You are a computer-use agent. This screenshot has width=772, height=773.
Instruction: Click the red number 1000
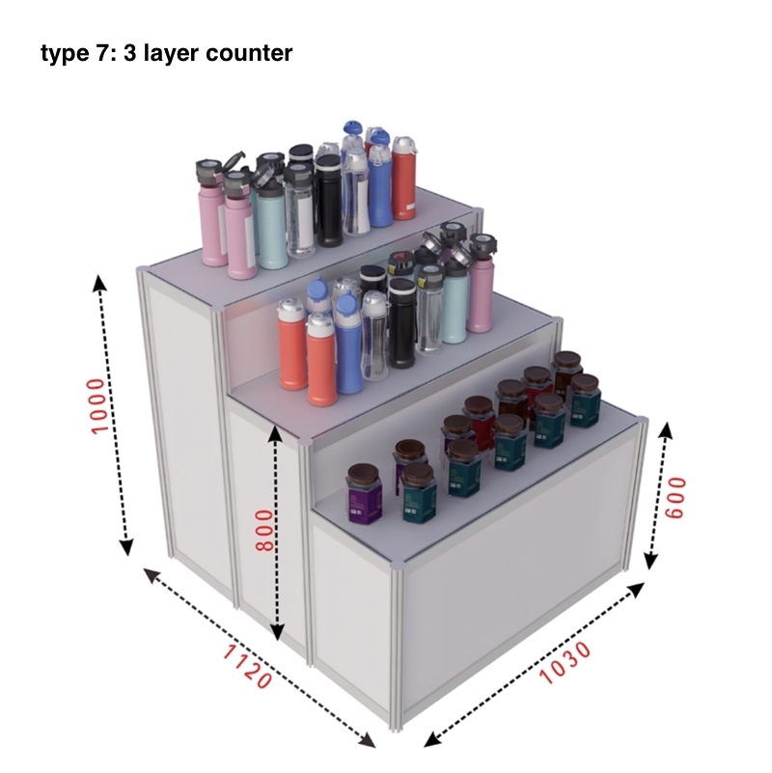tap(98, 405)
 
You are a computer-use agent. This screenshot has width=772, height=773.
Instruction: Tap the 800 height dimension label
tap(264, 531)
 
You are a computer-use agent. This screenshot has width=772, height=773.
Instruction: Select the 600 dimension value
tap(675, 497)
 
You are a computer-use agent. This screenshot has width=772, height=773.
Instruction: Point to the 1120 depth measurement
tap(247, 667)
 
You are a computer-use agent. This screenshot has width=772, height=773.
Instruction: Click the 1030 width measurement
tap(565, 663)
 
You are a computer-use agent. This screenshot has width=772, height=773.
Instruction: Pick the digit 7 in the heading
tap(99, 53)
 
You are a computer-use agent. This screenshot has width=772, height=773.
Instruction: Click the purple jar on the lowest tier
tap(365, 493)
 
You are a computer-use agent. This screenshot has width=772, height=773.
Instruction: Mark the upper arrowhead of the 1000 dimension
tap(100, 283)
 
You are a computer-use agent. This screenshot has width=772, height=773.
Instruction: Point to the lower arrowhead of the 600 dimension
tap(651, 561)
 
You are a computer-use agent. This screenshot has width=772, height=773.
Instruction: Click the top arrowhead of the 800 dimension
tap(275, 432)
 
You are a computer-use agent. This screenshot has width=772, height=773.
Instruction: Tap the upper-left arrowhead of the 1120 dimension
tap(152, 575)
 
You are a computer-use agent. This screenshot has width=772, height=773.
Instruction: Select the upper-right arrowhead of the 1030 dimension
tap(637, 589)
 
